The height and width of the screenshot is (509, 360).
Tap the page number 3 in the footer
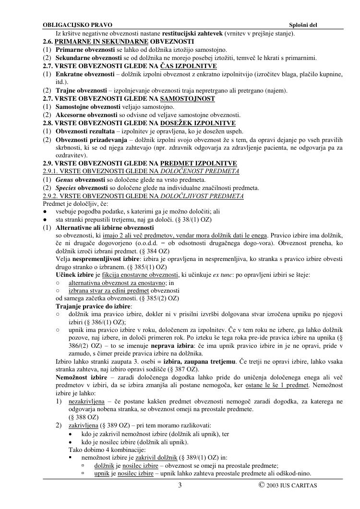tap(180, 485)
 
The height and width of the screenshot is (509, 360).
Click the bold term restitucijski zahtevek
tap(192, 34)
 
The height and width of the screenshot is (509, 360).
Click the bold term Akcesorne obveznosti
tap(86, 115)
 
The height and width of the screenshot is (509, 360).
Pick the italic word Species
tap(66, 188)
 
